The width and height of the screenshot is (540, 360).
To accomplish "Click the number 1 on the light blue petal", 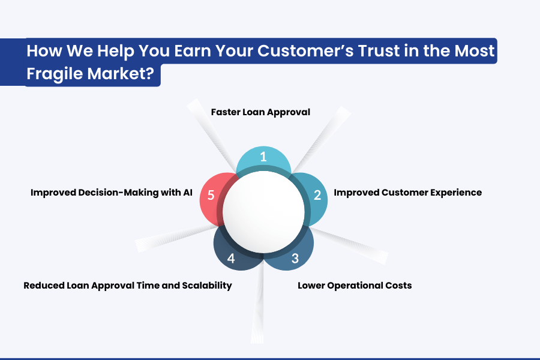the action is click(x=263, y=157).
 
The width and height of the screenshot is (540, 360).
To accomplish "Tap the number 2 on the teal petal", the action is click(x=317, y=195).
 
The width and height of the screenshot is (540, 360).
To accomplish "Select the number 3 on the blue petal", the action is click(x=295, y=259).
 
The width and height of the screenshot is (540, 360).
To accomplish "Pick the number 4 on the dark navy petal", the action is click(x=231, y=259).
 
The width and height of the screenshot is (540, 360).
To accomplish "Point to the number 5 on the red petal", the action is click(x=211, y=195).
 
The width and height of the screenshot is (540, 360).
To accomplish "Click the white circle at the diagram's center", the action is click(x=263, y=212).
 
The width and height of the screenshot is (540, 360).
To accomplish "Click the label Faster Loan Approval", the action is click(x=260, y=112).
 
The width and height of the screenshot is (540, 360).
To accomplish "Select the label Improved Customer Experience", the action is click(x=408, y=193).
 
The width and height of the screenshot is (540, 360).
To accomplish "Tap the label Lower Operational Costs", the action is click(x=355, y=286).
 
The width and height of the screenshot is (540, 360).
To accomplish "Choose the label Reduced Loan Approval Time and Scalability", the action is click(x=128, y=286).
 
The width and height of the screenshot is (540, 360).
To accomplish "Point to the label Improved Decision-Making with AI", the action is click(x=112, y=193).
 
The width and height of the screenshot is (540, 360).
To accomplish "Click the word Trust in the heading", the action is click(x=379, y=50).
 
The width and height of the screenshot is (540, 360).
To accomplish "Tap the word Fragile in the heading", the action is click(x=55, y=74).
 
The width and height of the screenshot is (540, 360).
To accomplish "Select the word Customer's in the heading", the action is click(x=305, y=50).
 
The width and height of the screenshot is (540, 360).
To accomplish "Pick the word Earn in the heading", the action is click(x=193, y=50).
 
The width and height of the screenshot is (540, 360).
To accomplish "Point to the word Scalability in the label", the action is click(x=207, y=286).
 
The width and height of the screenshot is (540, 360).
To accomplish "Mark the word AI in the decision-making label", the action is click(x=188, y=192).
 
